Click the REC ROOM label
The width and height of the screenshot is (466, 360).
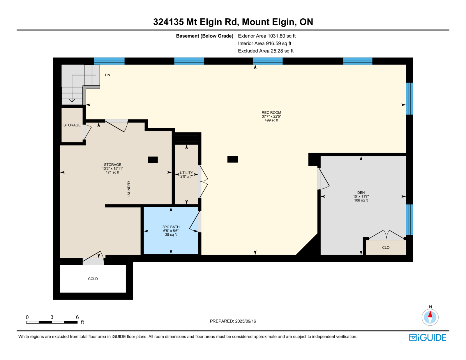[x=271, y=112]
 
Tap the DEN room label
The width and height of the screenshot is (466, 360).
[x=361, y=193]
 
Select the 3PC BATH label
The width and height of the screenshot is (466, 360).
[x=171, y=227]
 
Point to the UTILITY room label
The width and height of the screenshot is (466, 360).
[x=186, y=173]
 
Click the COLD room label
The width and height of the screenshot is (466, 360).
[x=93, y=279]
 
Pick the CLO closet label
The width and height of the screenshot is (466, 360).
[x=386, y=248]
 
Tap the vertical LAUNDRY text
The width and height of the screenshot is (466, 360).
[x=129, y=189]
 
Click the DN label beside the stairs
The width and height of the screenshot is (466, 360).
[x=107, y=75]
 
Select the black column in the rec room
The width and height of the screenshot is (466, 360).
[x=233, y=159]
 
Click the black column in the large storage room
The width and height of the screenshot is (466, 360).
[x=153, y=160]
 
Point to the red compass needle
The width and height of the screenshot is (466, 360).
[x=430, y=314]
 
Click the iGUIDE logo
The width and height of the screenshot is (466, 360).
[x=427, y=338]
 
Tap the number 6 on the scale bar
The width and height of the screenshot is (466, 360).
[x=77, y=317]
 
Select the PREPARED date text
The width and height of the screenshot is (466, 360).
[x=233, y=321]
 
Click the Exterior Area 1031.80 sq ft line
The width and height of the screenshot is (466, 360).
[x=267, y=36]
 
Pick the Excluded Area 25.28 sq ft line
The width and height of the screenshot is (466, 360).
[x=266, y=51]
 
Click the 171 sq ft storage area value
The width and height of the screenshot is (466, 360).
[x=113, y=172]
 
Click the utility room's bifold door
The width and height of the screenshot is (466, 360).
[x=203, y=181]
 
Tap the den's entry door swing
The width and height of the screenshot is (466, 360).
[x=323, y=179]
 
